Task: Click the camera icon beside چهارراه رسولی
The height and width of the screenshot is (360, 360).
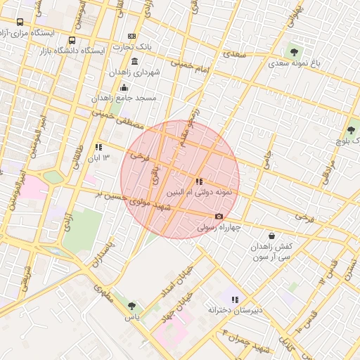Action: (x=219, y=216)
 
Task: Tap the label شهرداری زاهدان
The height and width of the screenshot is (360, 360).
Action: (x=136, y=72)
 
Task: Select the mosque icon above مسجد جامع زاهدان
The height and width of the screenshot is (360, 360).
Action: (x=124, y=87)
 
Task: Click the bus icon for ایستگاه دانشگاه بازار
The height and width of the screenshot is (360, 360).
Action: (x=72, y=40)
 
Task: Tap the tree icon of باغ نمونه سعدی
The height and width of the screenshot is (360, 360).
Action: (x=294, y=51)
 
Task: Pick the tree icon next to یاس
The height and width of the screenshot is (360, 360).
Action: (x=131, y=306)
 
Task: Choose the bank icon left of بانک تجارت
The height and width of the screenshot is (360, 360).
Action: (x=132, y=36)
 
